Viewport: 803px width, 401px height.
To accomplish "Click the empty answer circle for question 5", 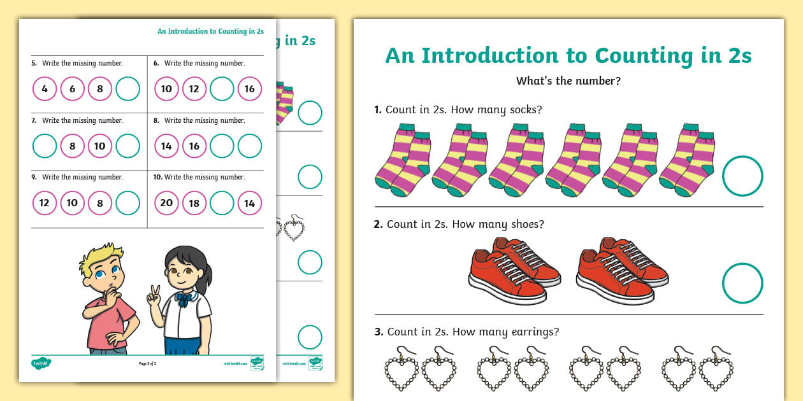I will click(x=128, y=89).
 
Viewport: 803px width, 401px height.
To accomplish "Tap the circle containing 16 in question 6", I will click(x=250, y=89).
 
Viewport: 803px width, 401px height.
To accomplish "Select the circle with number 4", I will click(x=45, y=89).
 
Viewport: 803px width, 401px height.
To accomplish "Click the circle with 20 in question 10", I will click(x=166, y=203).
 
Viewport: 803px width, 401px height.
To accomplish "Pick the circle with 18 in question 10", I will click(x=194, y=203).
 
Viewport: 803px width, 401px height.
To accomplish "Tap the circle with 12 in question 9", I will click(x=45, y=203).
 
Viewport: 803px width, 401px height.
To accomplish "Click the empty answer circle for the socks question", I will click(x=742, y=176).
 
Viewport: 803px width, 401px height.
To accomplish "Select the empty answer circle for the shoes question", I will click(x=742, y=283).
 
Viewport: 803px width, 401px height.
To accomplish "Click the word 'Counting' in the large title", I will click(x=639, y=56).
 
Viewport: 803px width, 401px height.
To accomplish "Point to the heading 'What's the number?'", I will click(x=568, y=81).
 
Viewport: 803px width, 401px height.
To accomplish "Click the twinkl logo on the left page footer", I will click(x=41, y=363).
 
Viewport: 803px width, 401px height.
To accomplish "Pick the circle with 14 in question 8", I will click(x=166, y=146).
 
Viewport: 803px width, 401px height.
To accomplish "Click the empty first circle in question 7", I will click(x=45, y=146).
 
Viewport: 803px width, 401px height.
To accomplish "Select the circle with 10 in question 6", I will click(x=166, y=89).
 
